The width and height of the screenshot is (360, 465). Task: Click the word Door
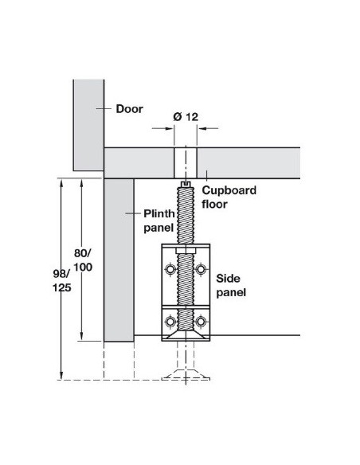coord(129,109)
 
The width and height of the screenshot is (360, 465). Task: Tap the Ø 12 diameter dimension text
coord(186,117)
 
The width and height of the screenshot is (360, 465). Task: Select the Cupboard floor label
coord(229,197)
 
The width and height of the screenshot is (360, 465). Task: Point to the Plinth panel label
coord(159,221)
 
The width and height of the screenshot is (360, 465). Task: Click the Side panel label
coord(231,285)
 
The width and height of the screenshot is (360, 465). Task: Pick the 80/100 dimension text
coord(83,260)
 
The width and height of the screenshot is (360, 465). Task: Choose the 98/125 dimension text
coord(62,280)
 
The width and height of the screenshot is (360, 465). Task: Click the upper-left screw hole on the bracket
coord(170,269)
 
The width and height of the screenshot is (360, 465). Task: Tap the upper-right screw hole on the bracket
coord(201,269)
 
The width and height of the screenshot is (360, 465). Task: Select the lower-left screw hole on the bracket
coord(170,322)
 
